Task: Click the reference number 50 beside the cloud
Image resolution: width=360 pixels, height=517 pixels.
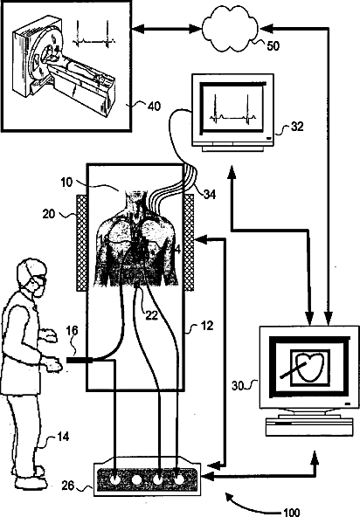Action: click(x=273, y=45)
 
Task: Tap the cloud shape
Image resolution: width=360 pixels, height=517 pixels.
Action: click(x=231, y=30)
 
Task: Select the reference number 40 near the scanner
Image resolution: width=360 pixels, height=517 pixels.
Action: click(x=154, y=107)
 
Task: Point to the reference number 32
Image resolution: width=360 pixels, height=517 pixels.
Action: click(x=296, y=127)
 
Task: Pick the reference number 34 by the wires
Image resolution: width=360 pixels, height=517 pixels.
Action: click(x=210, y=194)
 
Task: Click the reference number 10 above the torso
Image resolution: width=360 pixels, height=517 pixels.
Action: click(x=66, y=182)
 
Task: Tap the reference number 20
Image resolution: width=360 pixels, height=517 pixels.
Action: click(x=49, y=214)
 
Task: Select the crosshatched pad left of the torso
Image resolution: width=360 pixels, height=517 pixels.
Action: click(x=82, y=243)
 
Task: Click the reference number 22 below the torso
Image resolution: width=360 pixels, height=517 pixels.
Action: click(x=151, y=315)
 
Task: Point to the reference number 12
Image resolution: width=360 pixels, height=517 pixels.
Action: click(x=207, y=326)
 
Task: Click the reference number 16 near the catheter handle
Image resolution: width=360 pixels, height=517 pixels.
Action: click(x=73, y=330)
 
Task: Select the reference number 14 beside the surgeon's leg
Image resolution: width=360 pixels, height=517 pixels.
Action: click(x=63, y=437)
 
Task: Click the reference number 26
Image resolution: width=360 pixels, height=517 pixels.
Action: click(x=68, y=486)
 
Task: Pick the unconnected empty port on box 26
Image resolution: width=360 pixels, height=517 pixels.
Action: click(x=136, y=479)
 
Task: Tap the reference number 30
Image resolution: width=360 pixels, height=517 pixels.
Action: click(x=238, y=386)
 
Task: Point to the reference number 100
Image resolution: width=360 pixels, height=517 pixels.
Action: click(x=292, y=512)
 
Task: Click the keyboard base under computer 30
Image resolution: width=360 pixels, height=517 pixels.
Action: click(x=309, y=427)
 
